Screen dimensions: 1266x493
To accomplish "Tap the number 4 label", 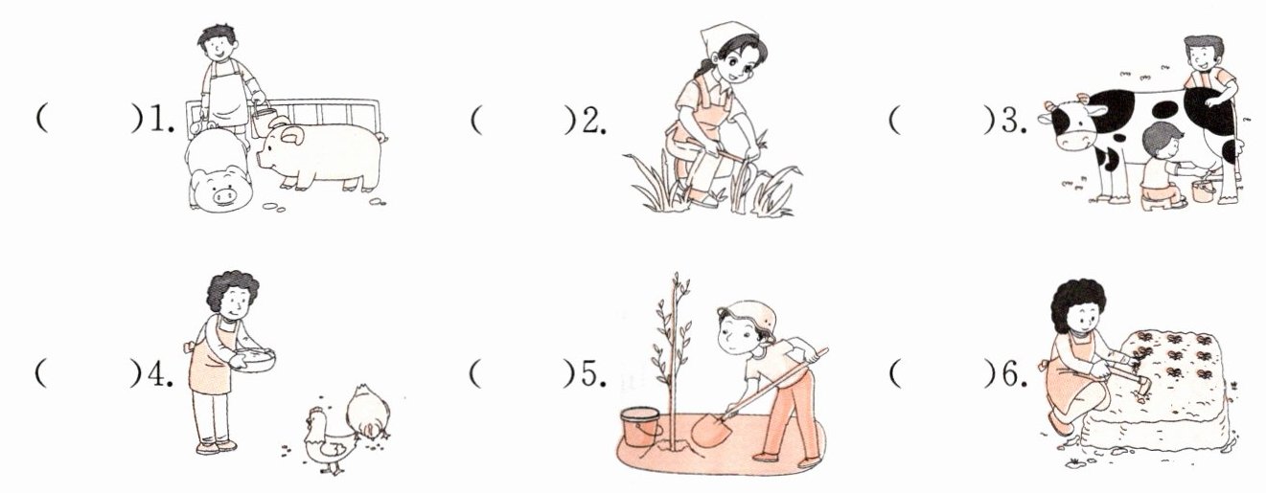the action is (160, 374).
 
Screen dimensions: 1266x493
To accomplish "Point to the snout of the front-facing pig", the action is (224, 195).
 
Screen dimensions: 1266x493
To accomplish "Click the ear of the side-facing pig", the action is (292, 136).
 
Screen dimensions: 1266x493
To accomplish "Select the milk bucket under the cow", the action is (1203, 190).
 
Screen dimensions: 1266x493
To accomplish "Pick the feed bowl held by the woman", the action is (254, 360).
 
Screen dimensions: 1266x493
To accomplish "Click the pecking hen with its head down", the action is (368, 413).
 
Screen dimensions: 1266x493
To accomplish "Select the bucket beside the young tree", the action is (640, 427).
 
